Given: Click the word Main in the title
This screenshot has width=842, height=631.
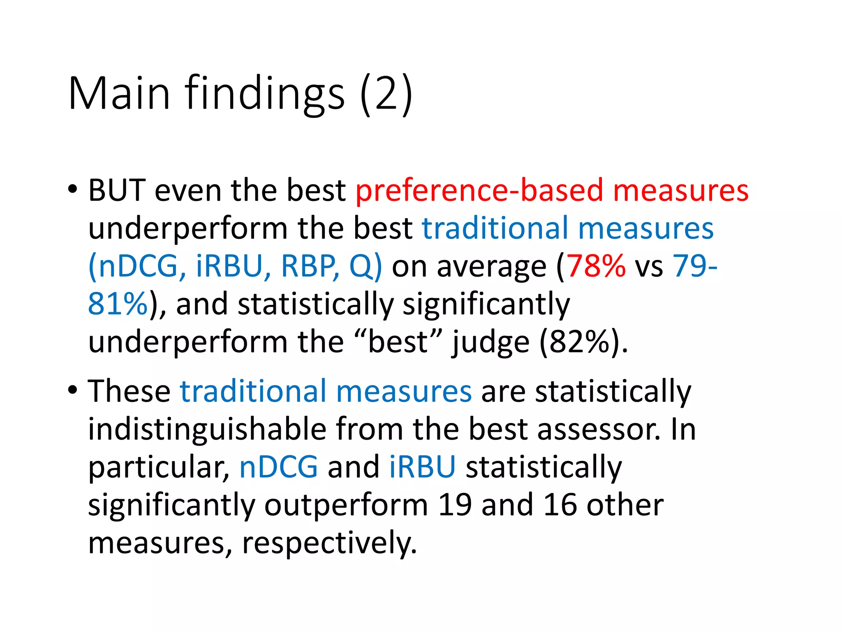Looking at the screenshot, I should coord(119,93).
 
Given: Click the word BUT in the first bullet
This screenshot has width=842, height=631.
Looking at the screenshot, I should coord(117,191).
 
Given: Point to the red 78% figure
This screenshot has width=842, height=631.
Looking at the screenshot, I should coord(596,266).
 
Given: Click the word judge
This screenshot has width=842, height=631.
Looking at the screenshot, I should coord(491,342).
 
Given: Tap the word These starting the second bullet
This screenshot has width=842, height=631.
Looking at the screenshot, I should coord(129,391).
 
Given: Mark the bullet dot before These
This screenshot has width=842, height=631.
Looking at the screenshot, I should coord(73,390).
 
